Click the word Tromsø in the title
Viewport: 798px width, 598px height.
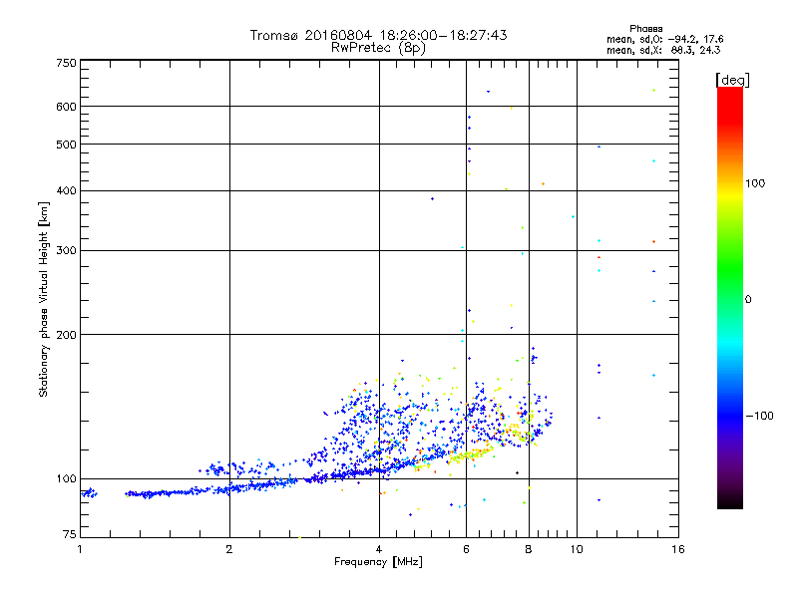point(274,35)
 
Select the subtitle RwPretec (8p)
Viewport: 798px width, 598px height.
point(378,47)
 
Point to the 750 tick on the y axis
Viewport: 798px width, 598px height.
point(67,62)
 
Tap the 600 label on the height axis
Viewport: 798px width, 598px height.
point(67,106)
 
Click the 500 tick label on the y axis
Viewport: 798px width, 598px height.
point(67,144)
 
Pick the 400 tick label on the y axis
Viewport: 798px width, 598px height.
point(67,190)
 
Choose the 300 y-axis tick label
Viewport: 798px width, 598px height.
point(67,250)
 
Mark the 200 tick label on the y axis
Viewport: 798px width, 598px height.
point(67,334)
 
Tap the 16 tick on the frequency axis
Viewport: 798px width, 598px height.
point(677,549)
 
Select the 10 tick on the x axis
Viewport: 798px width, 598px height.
point(577,549)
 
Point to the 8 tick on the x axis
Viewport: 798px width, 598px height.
point(529,549)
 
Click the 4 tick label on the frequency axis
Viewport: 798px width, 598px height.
point(379,549)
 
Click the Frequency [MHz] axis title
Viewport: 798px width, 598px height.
point(379,563)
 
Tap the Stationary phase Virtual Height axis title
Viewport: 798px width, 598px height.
point(43,299)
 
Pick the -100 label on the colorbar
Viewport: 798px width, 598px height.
point(766,415)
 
